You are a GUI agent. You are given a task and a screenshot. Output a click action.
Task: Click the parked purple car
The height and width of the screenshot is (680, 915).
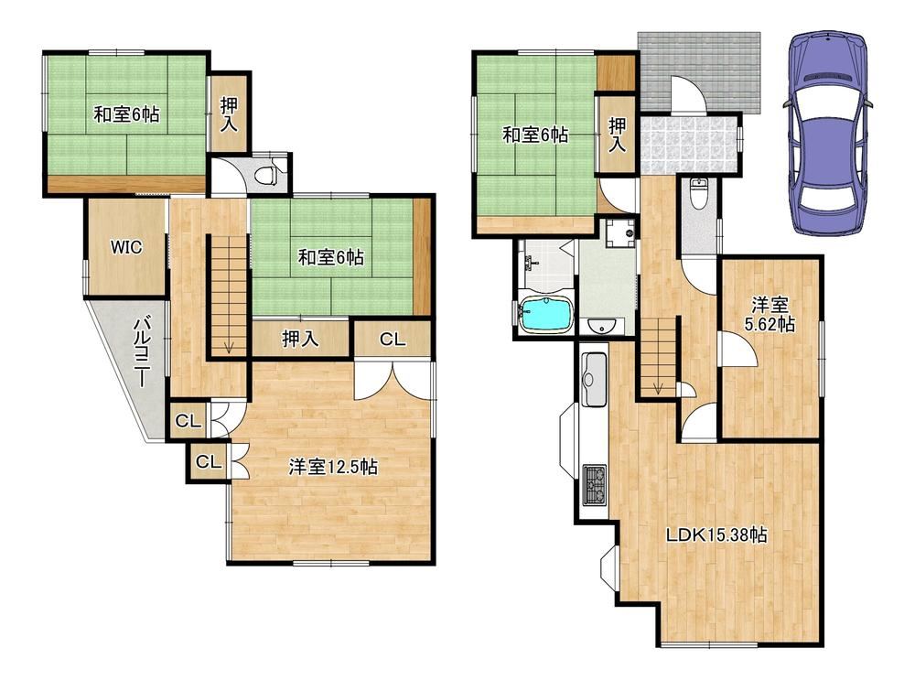click(x=827, y=133)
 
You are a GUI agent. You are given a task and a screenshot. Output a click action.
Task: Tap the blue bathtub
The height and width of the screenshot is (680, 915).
click(x=546, y=315)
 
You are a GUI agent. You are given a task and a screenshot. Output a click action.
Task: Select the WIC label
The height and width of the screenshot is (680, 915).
click(x=126, y=247)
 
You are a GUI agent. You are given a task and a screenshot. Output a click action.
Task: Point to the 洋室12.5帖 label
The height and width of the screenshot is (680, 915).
click(x=333, y=467)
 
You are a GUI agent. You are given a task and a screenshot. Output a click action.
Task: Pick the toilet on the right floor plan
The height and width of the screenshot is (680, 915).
click(x=698, y=194)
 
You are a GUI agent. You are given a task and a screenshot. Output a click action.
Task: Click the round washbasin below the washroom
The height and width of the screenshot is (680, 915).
click(x=600, y=328)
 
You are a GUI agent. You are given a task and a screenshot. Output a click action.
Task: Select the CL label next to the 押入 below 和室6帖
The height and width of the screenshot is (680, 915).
click(x=393, y=340)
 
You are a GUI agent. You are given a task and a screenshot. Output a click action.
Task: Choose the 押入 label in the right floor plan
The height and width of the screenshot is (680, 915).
click(x=616, y=135)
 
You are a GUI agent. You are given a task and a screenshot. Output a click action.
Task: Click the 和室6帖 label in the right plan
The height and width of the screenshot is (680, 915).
click(x=535, y=135)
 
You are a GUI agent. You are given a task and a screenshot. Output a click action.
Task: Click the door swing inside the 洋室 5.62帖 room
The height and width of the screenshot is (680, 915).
click(x=737, y=349)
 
